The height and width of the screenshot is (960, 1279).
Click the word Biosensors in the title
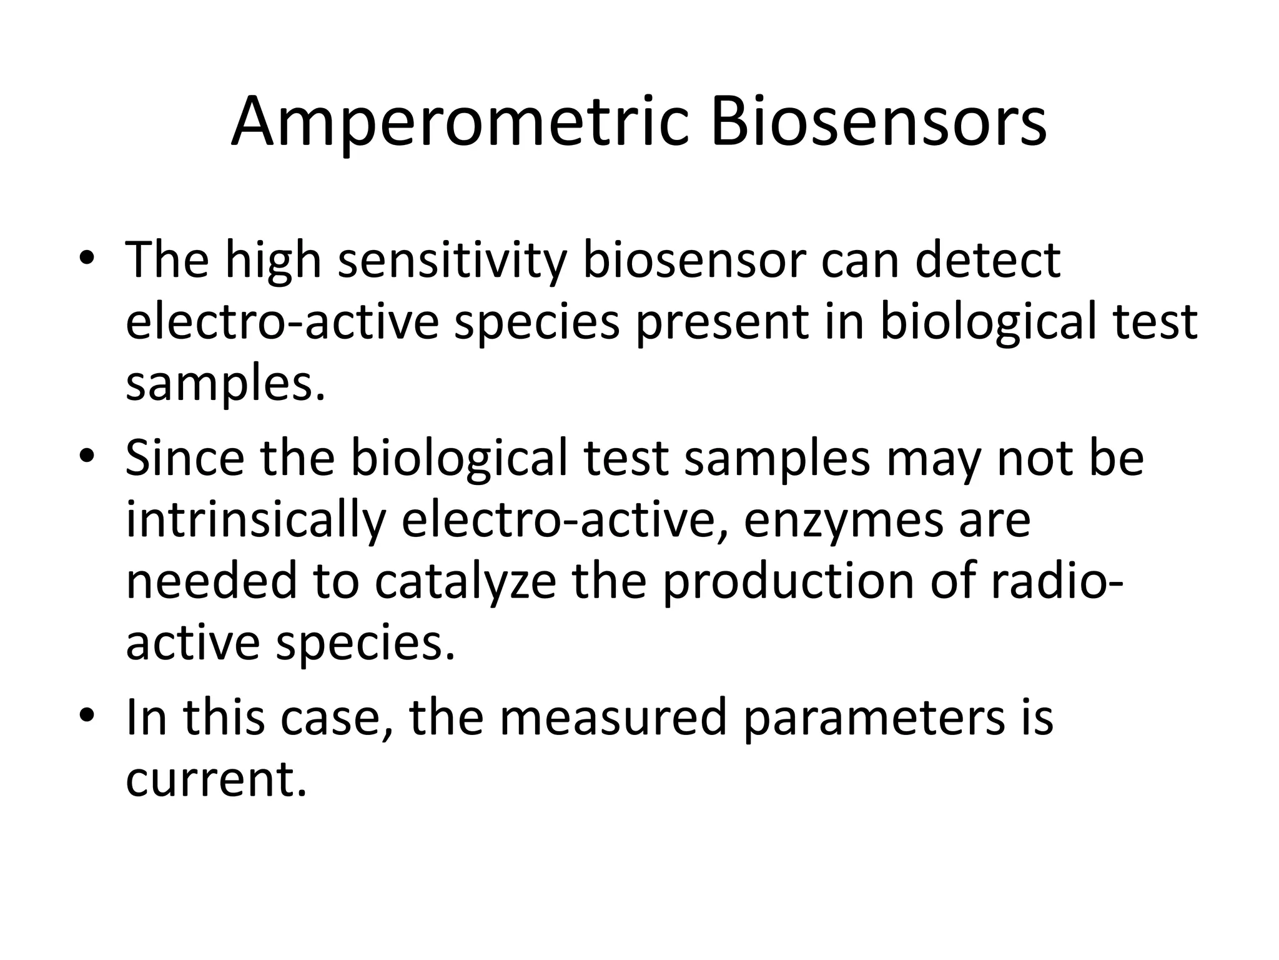point(877,123)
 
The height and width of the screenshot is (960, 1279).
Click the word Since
point(185,458)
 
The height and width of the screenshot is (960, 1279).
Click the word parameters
point(874,718)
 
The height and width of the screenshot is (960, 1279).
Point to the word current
point(216,779)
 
